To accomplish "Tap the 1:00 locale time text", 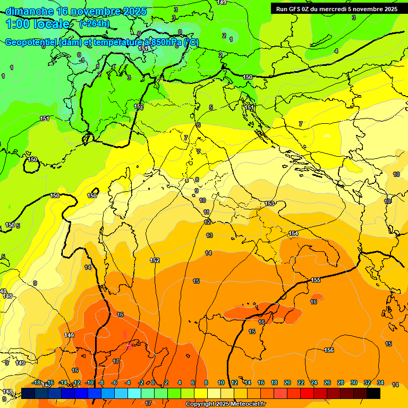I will (x=37, y=24).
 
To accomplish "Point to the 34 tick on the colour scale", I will (x=380, y=382).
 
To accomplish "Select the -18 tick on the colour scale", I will (x=36, y=382).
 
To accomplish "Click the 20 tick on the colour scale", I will (x=287, y=382).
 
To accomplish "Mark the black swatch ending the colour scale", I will (x=373, y=393).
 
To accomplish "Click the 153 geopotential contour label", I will (x=270, y=204).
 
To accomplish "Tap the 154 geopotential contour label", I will (x=293, y=234).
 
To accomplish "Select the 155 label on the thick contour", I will (x=316, y=280).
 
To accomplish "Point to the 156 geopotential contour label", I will (x=329, y=350).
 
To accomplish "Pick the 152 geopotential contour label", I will (x=155, y=261).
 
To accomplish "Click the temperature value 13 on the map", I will (x=209, y=235).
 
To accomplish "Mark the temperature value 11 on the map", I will (x=206, y=212).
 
